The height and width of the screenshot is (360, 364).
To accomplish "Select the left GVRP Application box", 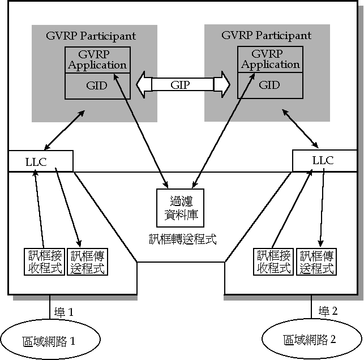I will (97, 59).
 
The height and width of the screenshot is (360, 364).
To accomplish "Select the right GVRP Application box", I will (270, 59).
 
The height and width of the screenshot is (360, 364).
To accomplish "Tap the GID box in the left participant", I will (97, 86).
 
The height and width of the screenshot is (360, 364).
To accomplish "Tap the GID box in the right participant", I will (270, 85).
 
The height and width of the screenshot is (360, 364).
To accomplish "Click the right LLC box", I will (323, 160).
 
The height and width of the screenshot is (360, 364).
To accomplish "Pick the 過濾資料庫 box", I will (181, 208).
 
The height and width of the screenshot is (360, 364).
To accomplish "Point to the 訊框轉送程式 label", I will (181, 238).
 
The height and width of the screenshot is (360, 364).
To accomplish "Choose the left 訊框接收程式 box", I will (44, 262).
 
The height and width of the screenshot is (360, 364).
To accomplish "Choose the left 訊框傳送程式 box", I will (87, 262).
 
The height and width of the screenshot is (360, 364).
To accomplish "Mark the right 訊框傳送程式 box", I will (316, 262).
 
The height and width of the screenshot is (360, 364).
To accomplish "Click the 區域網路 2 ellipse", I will (310, 340).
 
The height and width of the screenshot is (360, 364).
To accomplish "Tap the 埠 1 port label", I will (63, 312).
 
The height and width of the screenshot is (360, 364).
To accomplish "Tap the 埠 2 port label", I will (328, 311).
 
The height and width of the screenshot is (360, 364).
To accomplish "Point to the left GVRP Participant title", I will (91, 36).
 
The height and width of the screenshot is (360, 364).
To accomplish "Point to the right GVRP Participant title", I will (267, 35).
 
